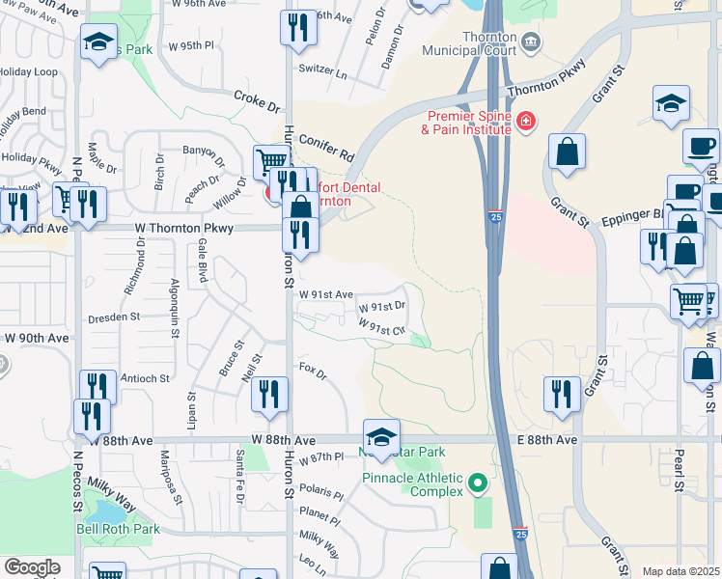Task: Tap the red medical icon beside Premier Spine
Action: pyautogui.click(x=526, y=121)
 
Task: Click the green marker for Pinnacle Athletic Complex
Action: pyautogui.click(x=476, y=482)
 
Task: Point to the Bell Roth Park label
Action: pyautogui.click(x=118, y=529)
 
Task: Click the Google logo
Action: pyautogui.click(x=32, y=566)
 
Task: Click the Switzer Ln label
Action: pyautogui.click(x=323, y=70)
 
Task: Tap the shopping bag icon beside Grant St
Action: pyautogui.click(x=567, y=152)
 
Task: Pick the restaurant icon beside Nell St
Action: pyautogui.click(x=270, y=393)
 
